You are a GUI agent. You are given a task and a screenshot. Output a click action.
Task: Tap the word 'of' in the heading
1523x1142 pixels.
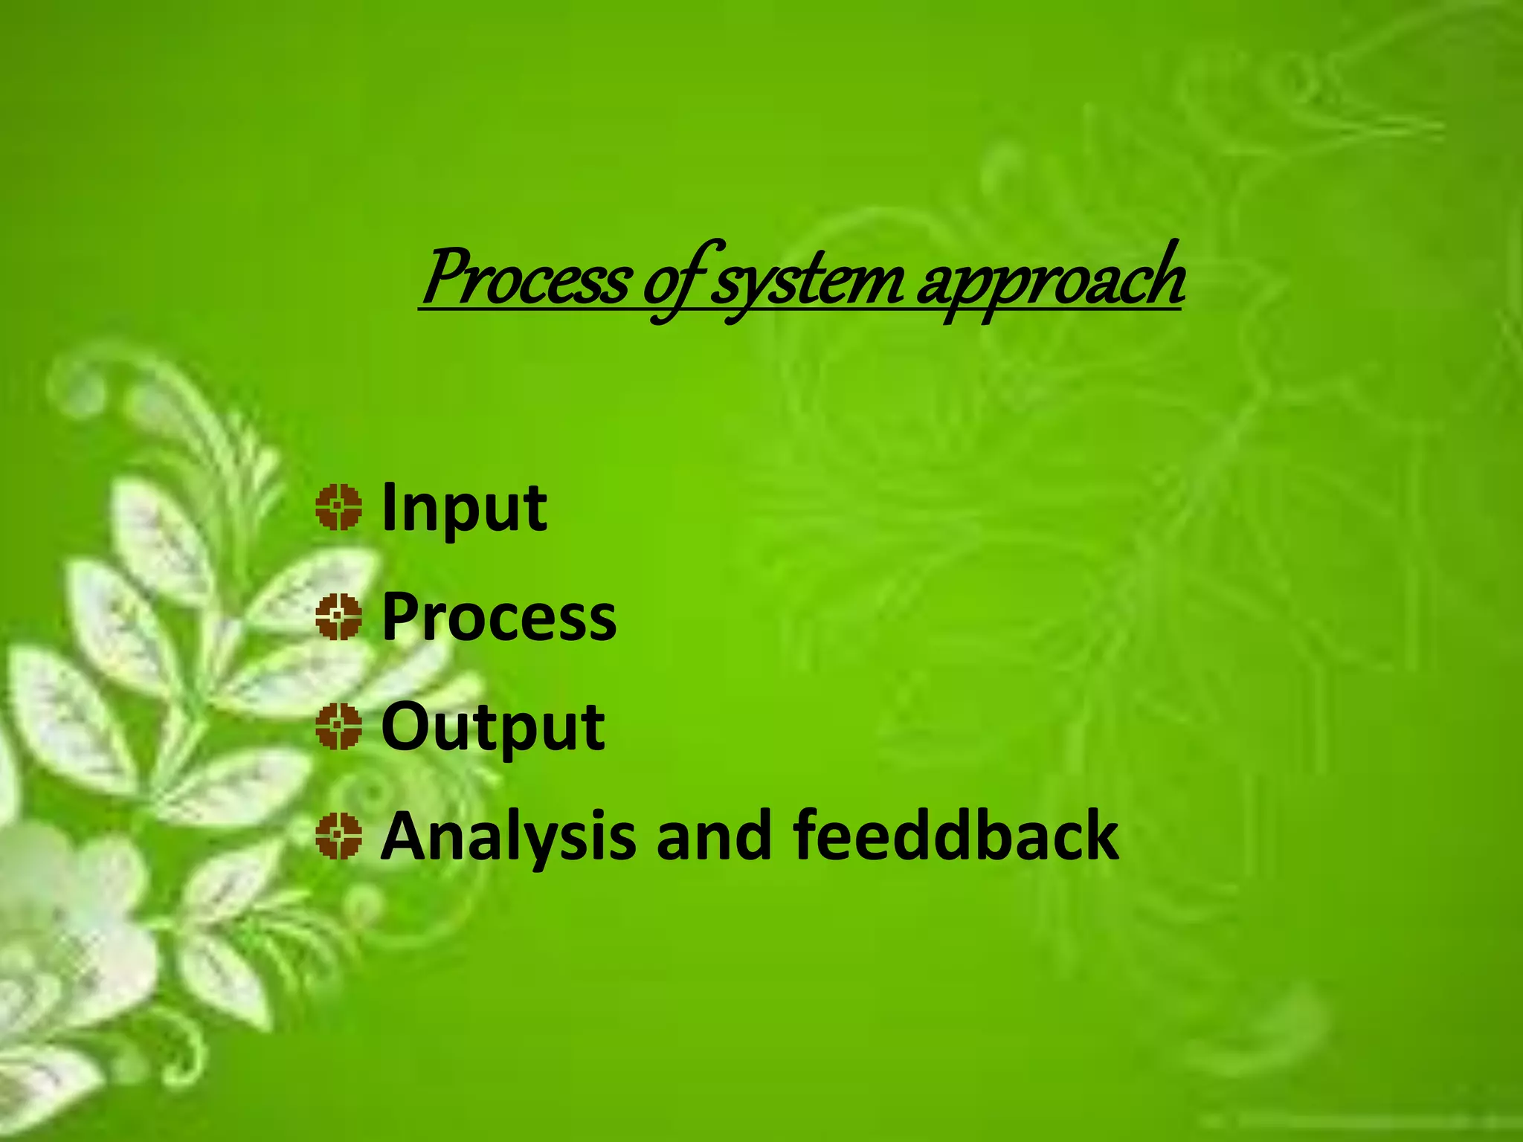click(674, 283)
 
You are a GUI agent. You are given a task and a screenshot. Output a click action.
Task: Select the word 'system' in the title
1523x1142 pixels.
click(807, 283)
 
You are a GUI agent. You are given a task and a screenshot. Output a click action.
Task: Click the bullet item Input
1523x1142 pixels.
click(464, 509)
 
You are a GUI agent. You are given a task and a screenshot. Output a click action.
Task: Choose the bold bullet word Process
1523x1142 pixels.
click(498, 617)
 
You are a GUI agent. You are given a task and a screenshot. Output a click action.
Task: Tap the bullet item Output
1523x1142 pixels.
click(492, 727)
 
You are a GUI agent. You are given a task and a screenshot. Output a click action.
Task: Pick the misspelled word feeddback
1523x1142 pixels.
click(956, 836)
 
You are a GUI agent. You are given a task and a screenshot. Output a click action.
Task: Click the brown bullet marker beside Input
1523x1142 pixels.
click(338, 508)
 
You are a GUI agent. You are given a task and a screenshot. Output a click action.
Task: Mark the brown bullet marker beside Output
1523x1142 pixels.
click(338, 726)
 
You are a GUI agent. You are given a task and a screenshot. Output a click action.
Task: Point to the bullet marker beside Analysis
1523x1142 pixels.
click(338, 836)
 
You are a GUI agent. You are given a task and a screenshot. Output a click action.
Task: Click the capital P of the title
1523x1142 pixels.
click(445, 277)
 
